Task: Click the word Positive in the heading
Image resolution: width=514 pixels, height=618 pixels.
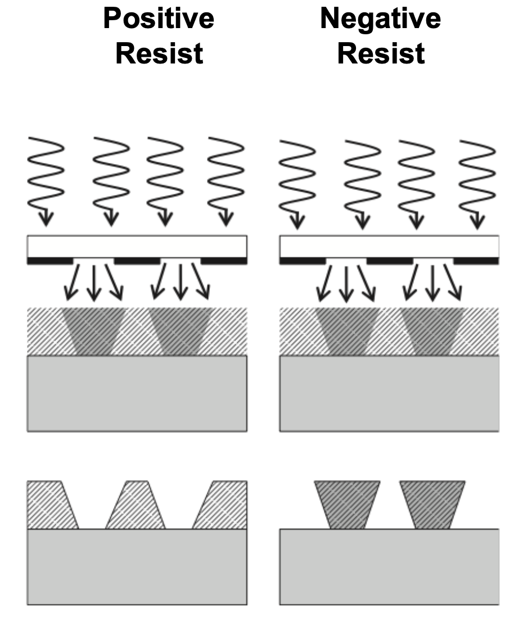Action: click(x=159, y=19)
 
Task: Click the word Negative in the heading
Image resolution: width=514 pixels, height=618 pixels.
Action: click(x=380, y=19)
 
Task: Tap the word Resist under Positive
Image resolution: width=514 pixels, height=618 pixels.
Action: click(x=159, y=54)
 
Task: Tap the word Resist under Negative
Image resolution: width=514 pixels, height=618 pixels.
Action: click(x=381, y=54)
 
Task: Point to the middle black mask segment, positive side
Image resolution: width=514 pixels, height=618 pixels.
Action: click(x=137, y=261)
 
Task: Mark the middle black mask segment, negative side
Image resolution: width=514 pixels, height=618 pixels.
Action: click(x=389, y=261)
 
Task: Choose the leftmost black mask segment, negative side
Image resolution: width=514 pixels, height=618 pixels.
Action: click(x=303, y=261)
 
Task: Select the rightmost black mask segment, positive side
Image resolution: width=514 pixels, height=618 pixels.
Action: click(x=223, y=261)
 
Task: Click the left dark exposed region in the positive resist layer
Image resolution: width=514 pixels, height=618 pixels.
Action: click(x=93, y=331)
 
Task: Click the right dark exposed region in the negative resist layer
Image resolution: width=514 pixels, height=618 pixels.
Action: click(x=432, y=331)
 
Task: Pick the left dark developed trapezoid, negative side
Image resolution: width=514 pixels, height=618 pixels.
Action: click(x=346, y=504)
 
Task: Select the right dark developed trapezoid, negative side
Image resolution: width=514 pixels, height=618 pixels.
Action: click(x=432, y=504)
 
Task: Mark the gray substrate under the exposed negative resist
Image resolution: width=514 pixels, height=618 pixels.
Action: click(x=389, y=393)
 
